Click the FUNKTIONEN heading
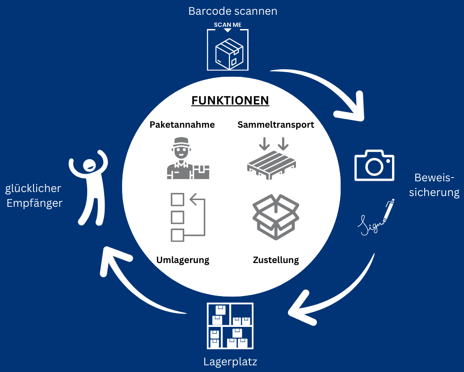pyautogui.click(x=230, y=100)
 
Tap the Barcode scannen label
pyautogui.click(x=233, y=11)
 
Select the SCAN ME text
pyautogui.click(x=228, y=25)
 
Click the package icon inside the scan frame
pyautogui.click(x=229, y=54)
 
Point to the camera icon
pyautogui.click(x=374, y=165)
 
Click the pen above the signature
pyautogui.click(x=389, y=210)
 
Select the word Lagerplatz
pyautogui.click(x=230, y=362)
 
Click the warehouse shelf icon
pyautogui.click(x=230, y=326)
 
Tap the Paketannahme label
pyautogui.click(x=182, y=125)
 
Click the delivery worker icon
pyautogui.click(x=188, y=158)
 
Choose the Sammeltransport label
pyautogui.click(x=276, y=125)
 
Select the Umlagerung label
pyautogui.click(x=182, y=260)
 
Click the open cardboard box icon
pyautogui.click(x=276, y=217)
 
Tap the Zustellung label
pyautogui.click(x=276, y=260)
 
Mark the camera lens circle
pyautogui.click(x=374, y=167)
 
